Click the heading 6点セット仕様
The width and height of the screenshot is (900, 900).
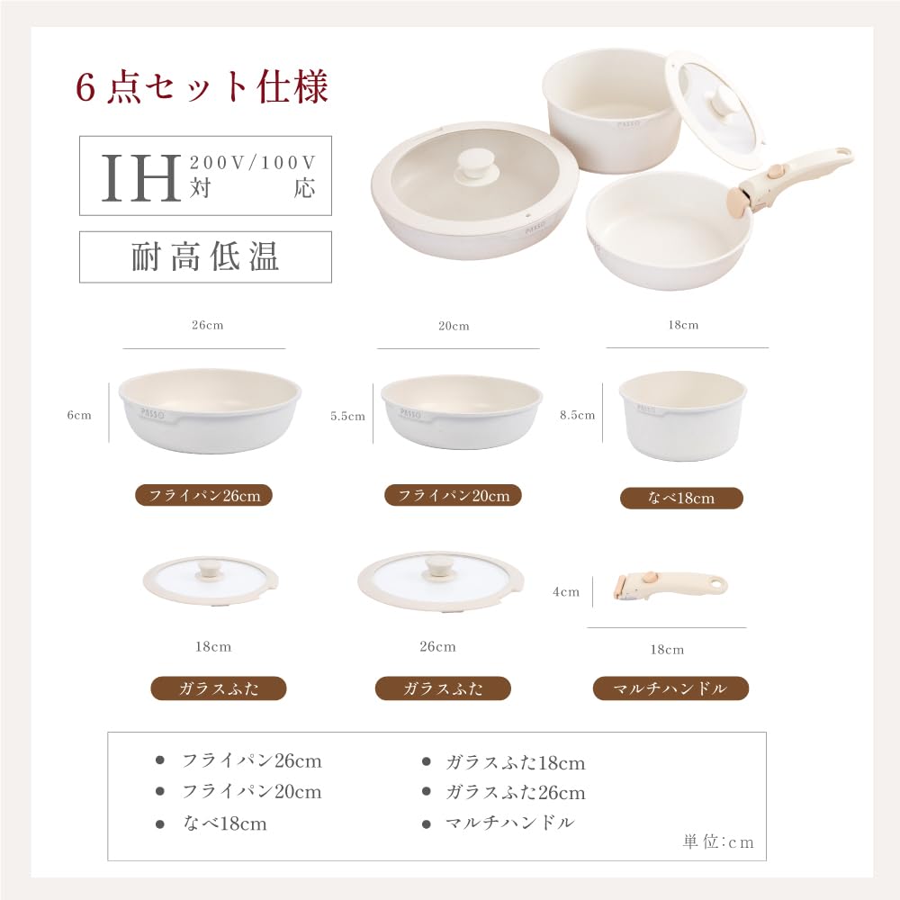click(x=202, y=87)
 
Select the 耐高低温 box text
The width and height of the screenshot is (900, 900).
click(x=205, y=257)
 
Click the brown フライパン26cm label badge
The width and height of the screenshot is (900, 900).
click(x=203, y=495)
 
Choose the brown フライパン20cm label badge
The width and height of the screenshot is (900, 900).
click(x=454, y=495)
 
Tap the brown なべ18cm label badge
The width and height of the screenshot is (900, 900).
click(x=681, y=498)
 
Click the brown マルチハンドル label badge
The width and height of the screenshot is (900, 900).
click(x=671, y=688)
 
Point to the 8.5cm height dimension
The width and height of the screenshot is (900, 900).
click(x=578, y=415)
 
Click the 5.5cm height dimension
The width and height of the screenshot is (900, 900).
click(x=348, y=416)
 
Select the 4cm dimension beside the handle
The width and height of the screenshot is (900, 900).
click(x=566, y=591)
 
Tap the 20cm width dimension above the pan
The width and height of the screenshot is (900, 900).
click(x=454, y=327)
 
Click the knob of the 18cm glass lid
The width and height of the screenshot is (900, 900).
click(x=212, y=569)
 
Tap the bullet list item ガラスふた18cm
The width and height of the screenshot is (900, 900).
click(x=515, y=763)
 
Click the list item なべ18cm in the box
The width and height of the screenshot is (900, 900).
click(x=224, y=823)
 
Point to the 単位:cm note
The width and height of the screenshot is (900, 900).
click(x=717, y=842)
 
